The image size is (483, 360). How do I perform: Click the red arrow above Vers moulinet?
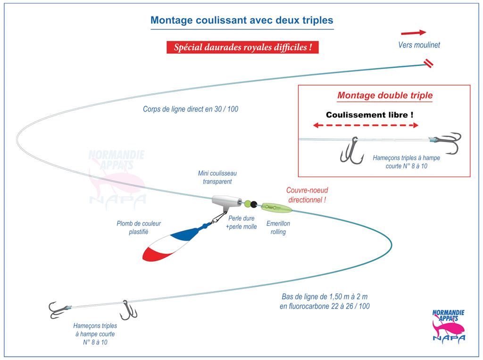click(413, 33)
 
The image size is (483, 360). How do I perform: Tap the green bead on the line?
click(248, 204)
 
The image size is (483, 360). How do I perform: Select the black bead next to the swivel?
click(254, 204)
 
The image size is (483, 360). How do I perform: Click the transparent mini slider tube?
click(226, 202)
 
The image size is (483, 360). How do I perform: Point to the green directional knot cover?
click(276, 208)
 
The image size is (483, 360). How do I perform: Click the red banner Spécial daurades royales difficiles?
click(242, 48)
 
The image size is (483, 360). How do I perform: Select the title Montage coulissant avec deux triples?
click(242, 20)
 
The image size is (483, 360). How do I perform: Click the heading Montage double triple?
click(385, 95)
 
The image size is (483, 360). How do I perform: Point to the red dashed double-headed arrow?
click(366, 125)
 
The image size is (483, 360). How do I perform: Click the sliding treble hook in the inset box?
click(352, 151)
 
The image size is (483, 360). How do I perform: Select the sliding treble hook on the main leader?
click(127, 310)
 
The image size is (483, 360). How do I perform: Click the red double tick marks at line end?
click(428, 63)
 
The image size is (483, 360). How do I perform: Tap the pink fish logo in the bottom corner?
click(449, 327)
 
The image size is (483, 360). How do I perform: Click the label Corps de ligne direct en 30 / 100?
click(191, 109)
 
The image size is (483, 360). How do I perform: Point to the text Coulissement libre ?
click(370, 115)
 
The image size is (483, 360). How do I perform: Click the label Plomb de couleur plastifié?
click(139, 227)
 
